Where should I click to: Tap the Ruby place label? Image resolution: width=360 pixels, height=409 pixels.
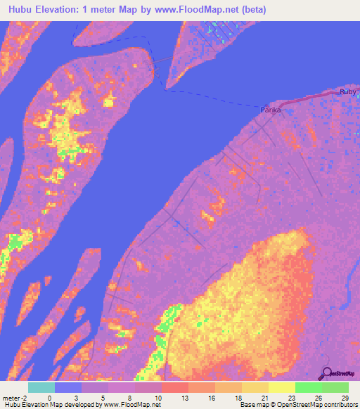coord(348,92)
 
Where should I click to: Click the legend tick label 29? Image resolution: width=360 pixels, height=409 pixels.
coord(345,398)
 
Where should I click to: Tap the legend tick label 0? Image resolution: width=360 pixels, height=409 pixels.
coord(49,398)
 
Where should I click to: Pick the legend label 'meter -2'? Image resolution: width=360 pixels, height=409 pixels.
coord(13,398)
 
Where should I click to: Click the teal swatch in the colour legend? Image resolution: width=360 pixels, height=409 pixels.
coord(41,387)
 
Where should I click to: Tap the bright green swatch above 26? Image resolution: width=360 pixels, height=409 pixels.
coord(309,387)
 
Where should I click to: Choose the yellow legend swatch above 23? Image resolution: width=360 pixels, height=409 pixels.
coord(282,387)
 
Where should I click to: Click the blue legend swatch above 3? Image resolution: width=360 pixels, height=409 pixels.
coord(68,387)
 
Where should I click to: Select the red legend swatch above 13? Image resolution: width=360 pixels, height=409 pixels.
coord(175,387)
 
